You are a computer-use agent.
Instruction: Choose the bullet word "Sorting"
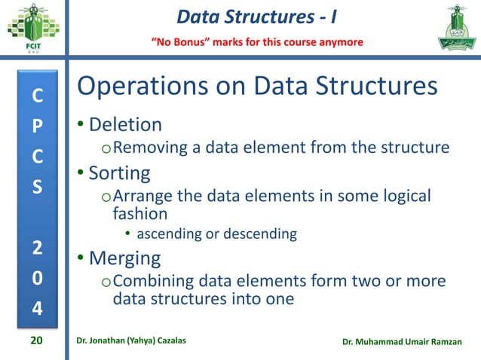click(120, 173)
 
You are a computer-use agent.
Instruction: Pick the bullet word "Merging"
click(124, 258)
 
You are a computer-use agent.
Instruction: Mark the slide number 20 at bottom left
click(36, 343)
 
